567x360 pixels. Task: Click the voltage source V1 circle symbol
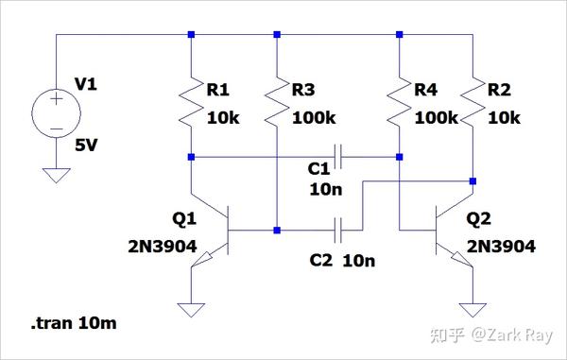pyautogui.click(x=56, y=111)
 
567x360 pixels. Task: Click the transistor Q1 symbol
pyautogui.click(x=223, y=232)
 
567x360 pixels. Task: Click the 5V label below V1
pyautogui.click(x=87, y=146)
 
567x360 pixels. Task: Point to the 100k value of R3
pyautogui.click(x=314, y=118)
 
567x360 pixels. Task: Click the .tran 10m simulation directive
pyautogui.click(x=75, y=324)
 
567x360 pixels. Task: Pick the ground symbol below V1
pyautogui.click(x=56, y=176)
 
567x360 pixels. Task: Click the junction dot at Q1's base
pyautogui.click(x=276, y=230)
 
